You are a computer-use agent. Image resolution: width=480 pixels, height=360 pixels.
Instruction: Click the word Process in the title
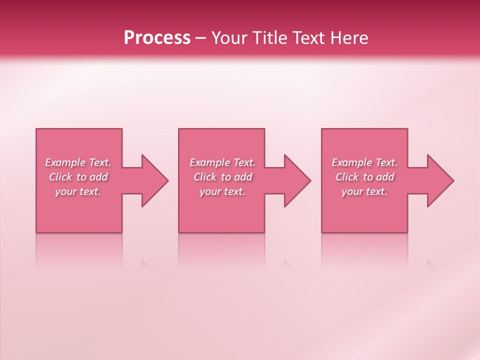(157, 38)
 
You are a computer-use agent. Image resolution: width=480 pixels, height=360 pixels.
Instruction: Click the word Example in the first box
(65, 162)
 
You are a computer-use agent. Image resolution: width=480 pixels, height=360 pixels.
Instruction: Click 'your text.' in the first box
(78, 191)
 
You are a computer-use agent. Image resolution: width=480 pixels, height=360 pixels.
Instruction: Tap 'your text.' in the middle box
(222, 191)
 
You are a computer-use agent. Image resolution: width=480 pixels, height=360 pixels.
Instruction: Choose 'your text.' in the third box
(364, 191)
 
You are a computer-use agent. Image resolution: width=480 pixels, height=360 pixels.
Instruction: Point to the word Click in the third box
(347, 177)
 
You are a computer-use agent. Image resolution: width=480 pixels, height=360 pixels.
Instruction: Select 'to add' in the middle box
(236, 177)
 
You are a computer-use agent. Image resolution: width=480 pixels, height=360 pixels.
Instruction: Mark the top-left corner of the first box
(36, 129)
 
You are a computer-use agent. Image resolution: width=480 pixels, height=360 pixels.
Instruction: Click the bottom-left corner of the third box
(322, 232)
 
